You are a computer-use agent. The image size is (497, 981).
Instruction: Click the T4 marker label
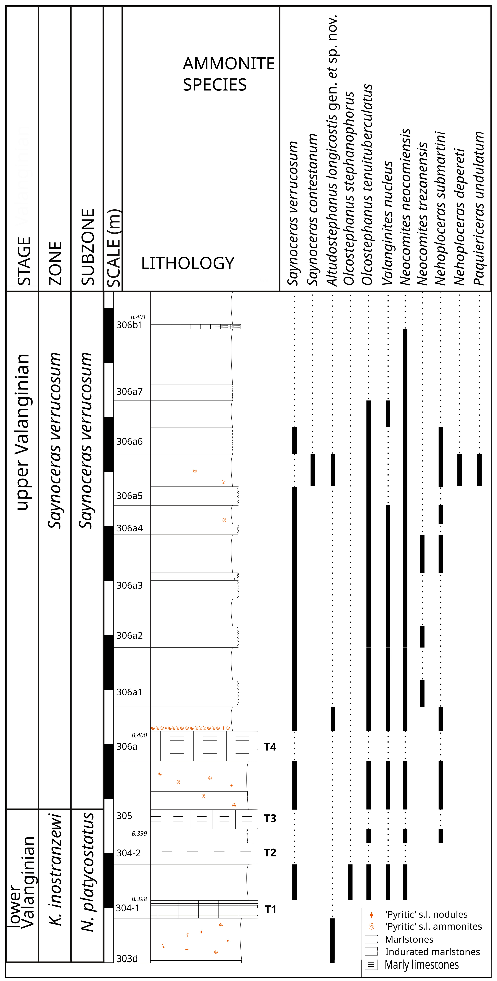(270, 747)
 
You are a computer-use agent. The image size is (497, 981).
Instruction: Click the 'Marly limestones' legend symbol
(371, 965)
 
